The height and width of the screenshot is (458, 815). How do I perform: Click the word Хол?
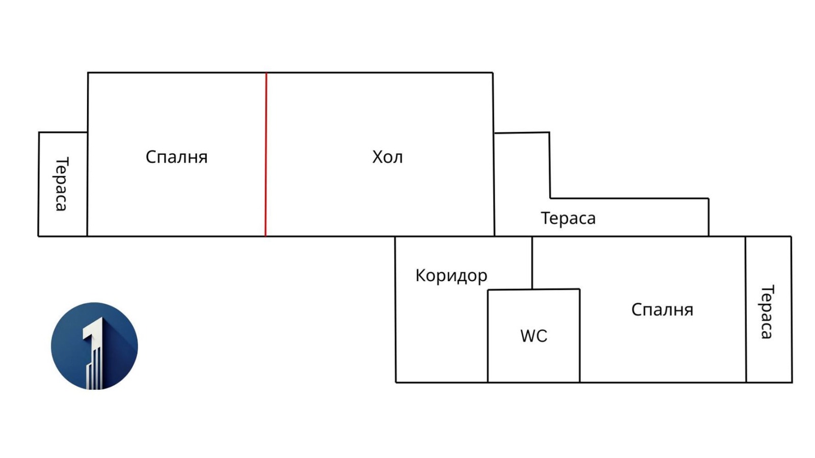[387, 157]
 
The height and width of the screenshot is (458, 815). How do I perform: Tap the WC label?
[533, 336]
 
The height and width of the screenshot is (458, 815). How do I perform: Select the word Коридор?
[451, 276]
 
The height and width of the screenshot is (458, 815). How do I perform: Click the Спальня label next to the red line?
[176, 157]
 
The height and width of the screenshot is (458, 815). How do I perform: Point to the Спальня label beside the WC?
[662, 309]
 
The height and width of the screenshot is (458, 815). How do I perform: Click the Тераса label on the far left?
[61, 184]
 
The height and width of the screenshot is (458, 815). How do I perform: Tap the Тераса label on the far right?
[767, 311]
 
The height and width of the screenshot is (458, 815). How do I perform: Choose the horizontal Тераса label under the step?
[568, 218]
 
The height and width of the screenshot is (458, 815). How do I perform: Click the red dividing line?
[266, 153]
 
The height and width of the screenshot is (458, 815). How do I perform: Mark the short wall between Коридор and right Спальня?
[532, 262]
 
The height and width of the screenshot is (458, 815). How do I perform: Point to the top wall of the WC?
[533, 290]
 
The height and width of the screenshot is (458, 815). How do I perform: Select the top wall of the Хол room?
[379, 73]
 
